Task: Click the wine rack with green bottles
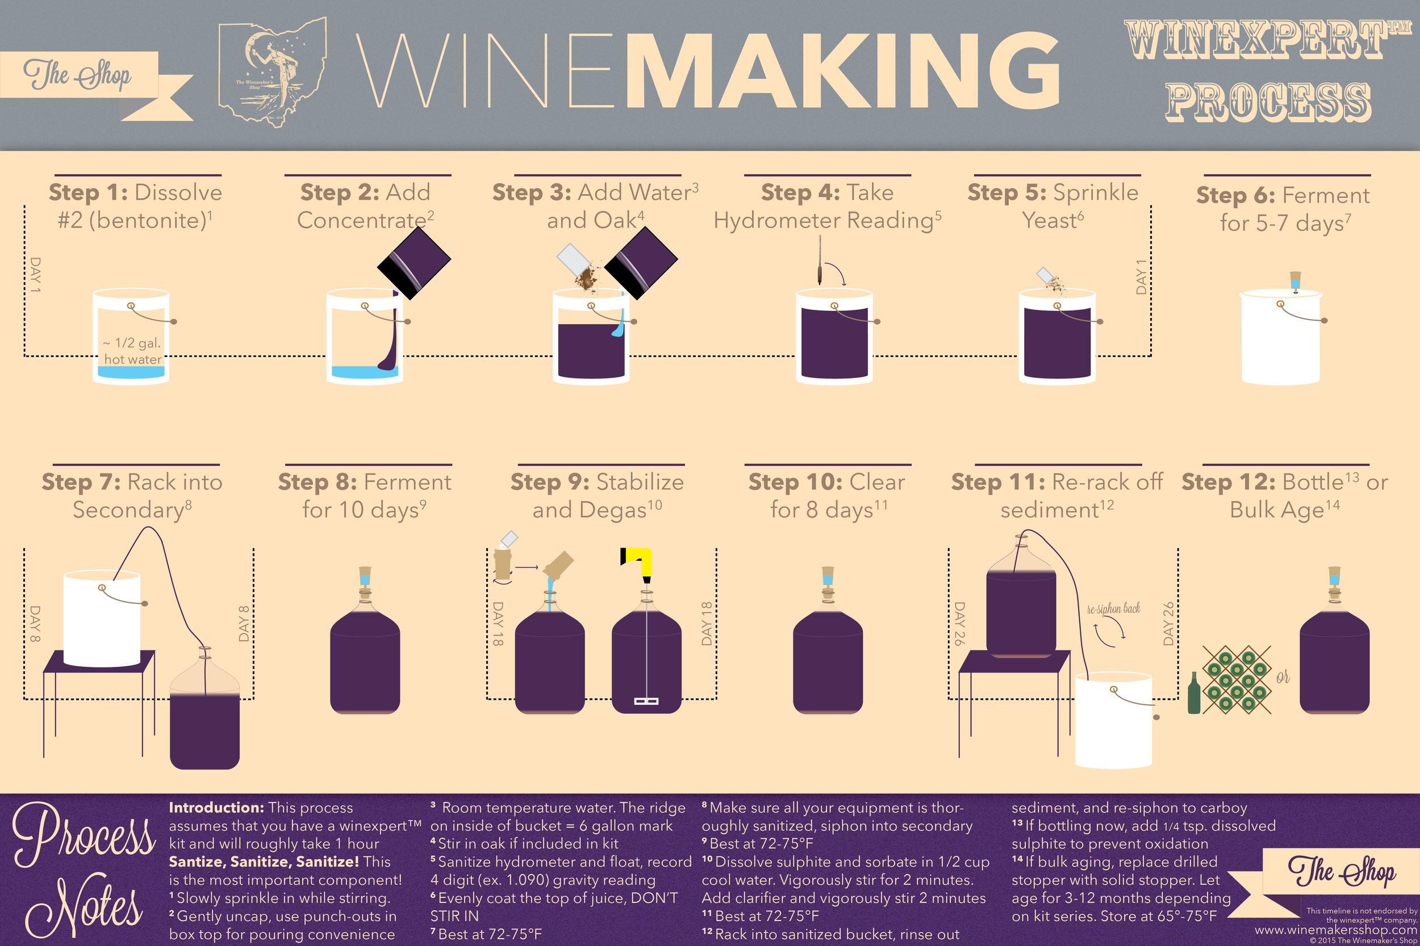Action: (x=1237, y=680)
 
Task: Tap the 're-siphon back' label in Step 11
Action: (x=1113, y=609)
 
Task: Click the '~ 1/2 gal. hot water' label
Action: (x=132, y=351)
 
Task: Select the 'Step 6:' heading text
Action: (x=1236, y=195)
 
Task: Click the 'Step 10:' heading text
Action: (x=795, y=482)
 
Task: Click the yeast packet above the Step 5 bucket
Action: (x=1046, y=275)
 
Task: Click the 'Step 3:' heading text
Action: (x=532, y=192)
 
